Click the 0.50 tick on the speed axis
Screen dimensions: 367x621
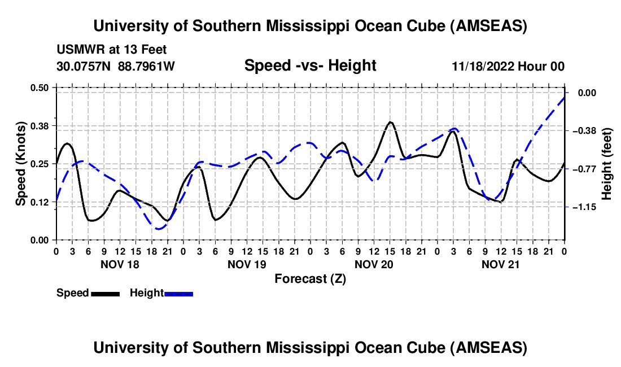click(x=40, y=88)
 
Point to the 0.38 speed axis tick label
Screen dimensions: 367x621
click(x=40, y=125)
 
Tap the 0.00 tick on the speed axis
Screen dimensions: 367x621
click(x=40, y=240)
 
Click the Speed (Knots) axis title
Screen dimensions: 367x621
click(x=20, y=163)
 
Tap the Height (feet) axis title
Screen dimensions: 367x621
click(x=607, y=163)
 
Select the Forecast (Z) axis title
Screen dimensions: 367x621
click(x=310, y=278)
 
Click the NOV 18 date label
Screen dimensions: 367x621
click(x=120, y=264)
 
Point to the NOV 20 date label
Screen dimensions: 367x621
click(x=374, y=264)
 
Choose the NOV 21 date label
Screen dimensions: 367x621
click(x=501, y=264)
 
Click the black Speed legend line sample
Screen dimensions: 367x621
click(x=104, y=293)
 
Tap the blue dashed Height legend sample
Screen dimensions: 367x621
click(x=178, y=293)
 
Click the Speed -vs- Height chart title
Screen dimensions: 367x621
click(x=310, y=65)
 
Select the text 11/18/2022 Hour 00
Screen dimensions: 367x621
click(x=508, y=66)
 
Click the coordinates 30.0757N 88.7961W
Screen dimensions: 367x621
click(x=116, y=66)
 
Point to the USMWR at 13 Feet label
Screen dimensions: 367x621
click(x=111, y=50)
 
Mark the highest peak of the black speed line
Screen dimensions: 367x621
click(x=390, y=122)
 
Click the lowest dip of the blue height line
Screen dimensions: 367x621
click(x=159, y=229)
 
